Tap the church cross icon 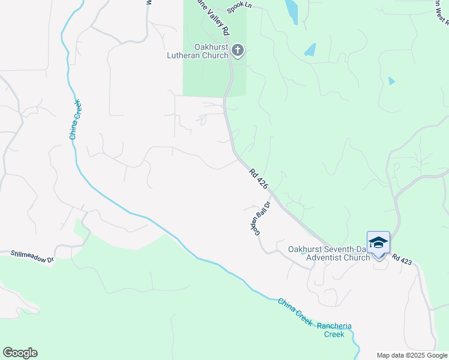tap(238, 50)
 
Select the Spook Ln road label tap(238, 8)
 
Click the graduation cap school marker tap(378, 243)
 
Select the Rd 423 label tap(402, 258)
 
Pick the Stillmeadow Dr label tap(32, 257)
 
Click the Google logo tap(20, 353)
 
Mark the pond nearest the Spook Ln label tap(291, 11)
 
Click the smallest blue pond tap(392, 80)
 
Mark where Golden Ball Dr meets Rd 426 tap(270, 193)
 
